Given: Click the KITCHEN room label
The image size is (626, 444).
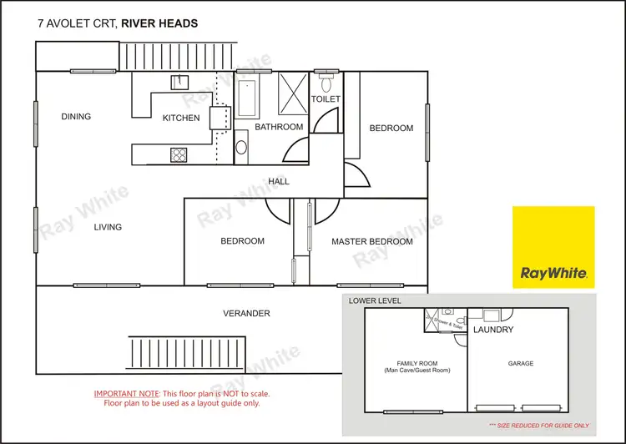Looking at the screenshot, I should pos(181,118).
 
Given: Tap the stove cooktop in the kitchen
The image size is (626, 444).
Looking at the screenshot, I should pos(178,154).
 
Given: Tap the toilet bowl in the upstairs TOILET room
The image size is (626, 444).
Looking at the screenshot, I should pos(326,83).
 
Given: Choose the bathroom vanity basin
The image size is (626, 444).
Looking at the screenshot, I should pos(242,148).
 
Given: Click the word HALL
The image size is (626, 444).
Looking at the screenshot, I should pos(279,181).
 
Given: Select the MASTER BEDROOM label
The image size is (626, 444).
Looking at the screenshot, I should pos(371,241).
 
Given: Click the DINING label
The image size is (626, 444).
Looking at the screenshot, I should pos(76,117).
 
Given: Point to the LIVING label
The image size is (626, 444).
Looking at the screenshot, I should pos(108,227).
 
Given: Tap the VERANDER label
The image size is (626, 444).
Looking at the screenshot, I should pos(246,313).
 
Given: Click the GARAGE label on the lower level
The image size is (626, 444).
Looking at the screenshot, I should pos(521,364).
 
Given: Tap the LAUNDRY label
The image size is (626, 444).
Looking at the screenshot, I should pos(493,330).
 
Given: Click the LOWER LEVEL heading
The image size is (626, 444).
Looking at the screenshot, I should pos(376,300).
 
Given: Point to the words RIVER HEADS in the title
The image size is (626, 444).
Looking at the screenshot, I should pos(159,23).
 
